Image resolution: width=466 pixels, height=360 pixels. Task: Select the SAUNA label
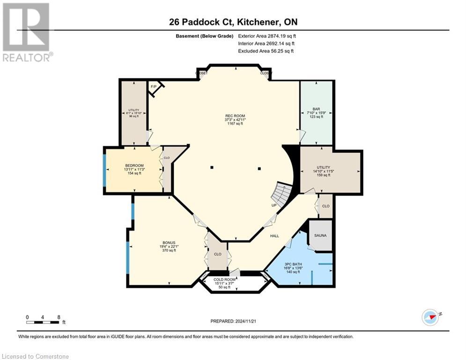click(320, 235)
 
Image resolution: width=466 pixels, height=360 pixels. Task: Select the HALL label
click(274, 236)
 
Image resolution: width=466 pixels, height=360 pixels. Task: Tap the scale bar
click(43, 322)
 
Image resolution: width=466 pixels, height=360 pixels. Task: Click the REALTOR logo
click(26, 32)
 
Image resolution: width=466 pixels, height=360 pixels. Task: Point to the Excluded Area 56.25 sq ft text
click(266, 51)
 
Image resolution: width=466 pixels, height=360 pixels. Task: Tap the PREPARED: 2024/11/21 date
click(234, 321)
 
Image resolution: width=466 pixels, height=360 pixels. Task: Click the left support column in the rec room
click(212, 168)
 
